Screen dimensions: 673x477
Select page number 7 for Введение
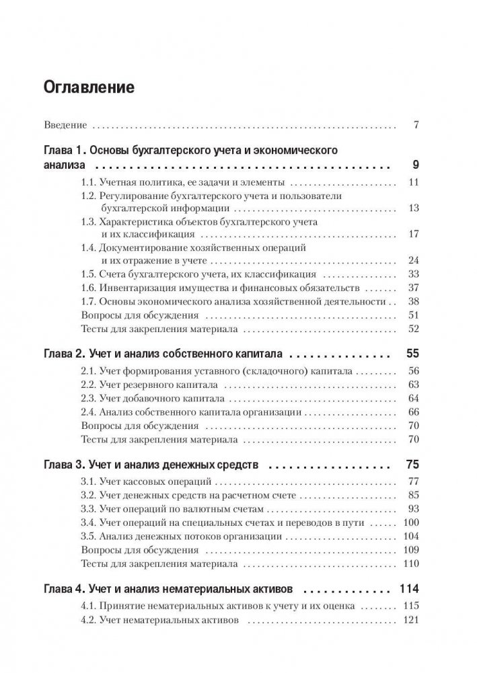point(416,125)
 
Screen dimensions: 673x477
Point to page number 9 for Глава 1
point(416,165)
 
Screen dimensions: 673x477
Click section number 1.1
point(88,182)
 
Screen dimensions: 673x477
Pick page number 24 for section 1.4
point(414,260)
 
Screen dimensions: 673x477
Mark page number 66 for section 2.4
point(414,411)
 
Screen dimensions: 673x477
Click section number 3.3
point(88,509)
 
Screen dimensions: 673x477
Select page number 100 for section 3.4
point(411,522)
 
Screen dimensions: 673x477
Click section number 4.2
point(88,621)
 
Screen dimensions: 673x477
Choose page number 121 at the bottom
point(411,621)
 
